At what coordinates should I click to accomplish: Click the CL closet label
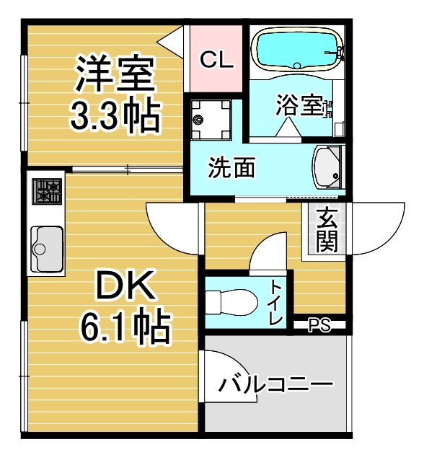pos(216,60)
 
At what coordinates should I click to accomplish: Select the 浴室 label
pos(299,105)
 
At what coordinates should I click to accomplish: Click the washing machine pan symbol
pos(211,119)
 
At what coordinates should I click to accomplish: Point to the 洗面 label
pos(231,167)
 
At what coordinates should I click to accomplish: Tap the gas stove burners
pos(47,192)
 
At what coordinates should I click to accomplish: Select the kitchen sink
pos(47,249)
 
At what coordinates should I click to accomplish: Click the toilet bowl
pos(231,303)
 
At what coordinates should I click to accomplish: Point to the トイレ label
pos(277,303)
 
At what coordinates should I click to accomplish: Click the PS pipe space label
pos(319,325)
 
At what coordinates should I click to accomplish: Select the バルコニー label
pos(276,384)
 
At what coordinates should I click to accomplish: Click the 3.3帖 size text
pos(115,116)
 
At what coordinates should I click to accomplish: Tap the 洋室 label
pos(115,73)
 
